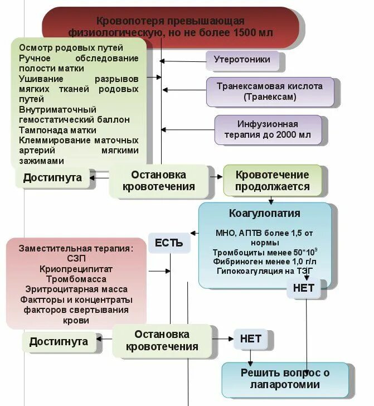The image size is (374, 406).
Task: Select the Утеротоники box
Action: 242,60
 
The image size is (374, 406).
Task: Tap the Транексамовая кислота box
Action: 270,91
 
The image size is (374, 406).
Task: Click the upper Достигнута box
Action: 52,178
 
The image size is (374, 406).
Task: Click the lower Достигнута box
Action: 59,341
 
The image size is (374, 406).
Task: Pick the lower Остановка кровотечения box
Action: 162,340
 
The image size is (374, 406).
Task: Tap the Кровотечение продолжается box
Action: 272,181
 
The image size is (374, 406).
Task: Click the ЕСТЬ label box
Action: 168,243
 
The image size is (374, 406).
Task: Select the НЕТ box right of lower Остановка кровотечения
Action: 250,339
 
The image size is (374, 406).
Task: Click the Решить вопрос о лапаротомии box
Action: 288,379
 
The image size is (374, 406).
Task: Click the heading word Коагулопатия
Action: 264,214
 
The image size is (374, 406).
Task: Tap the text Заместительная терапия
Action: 76,248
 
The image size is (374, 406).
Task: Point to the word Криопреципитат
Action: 76,269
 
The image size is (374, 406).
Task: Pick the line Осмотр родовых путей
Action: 70,48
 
